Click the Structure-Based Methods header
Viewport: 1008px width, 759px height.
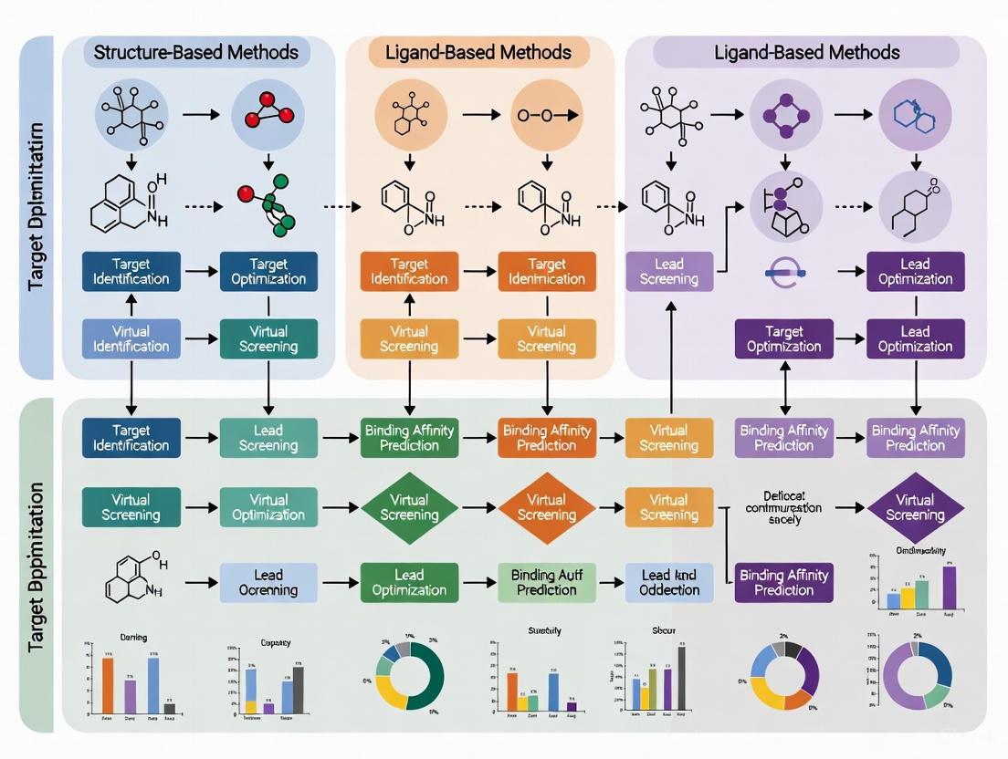pyautogui.click(x=195, y=52)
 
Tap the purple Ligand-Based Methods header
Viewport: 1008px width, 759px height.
pyautogui.click(x=806, y=52)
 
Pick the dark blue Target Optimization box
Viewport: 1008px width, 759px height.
pyautogui.click(x=268, y=271)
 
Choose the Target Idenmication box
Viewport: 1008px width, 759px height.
pyautogui.click(x=547, y=271)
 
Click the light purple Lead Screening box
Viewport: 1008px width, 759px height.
pyautogui.click(x=668, y=271)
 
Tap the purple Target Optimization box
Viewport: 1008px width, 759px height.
pyautogui.click(x=783, y=338)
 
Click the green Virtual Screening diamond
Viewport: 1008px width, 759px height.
pyautogui.click(x=409, y=508)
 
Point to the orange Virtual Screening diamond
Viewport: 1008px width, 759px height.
pyautogui.click(x=547, y=508)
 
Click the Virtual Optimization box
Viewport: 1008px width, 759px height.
pyautogui.click(x=268, y=508)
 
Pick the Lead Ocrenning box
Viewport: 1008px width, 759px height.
pyautogui.click(x=268, y=582)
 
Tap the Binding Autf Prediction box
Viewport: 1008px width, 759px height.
pyautogui.click(x=547, y=582)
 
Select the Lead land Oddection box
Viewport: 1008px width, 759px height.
pyautogui.click(x=668, y=582)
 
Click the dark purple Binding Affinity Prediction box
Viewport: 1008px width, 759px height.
pyautogui.click(x=783, y=582)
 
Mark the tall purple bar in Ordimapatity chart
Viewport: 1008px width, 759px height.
pyautogui.click(x=950, y=587)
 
